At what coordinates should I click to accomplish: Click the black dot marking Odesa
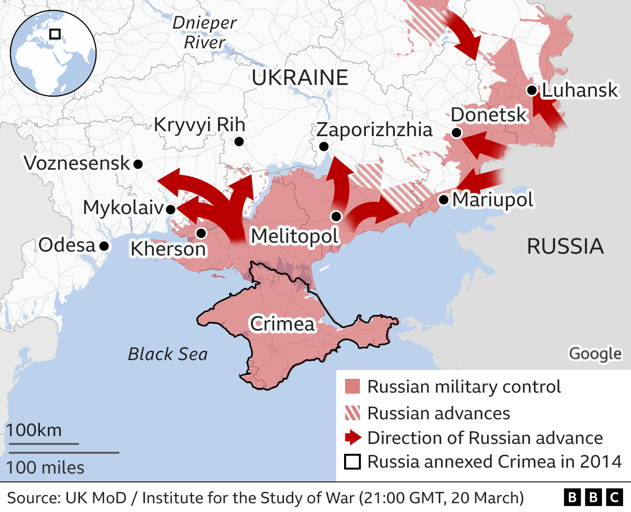click(104, 246)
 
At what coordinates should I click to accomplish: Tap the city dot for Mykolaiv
click(171, 209)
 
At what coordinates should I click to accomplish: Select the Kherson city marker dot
click(201, 233)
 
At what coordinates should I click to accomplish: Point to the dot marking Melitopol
click(336, 216)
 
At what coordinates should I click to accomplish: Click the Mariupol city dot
click(444, 200)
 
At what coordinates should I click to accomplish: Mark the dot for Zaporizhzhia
click(324, 146)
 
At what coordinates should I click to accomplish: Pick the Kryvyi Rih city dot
click(239, 142)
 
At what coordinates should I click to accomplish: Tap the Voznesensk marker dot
click(138, 164)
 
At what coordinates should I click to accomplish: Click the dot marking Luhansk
click(531, 90)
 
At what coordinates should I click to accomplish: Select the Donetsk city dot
click(456, 133)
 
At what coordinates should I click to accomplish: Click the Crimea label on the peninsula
click(282, 324)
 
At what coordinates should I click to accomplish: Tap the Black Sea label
click(168, 354)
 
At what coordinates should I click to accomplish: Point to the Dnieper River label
click(204, 33)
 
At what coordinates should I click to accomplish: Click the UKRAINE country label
click(300, 78)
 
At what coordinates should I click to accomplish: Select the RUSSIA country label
click(565, 246)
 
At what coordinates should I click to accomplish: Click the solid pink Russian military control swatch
click(352, 386)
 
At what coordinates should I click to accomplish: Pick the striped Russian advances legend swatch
click(352, 413)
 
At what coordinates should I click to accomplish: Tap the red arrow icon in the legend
click(353, 438)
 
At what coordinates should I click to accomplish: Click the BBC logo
click(593, 497)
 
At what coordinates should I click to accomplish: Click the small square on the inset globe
click(55, 34)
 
